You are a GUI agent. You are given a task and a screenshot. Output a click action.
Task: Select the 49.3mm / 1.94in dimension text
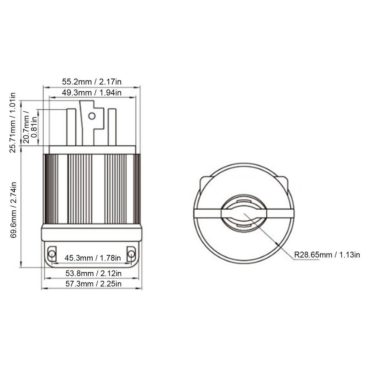[92, 92]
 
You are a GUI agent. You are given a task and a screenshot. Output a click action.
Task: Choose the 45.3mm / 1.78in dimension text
[93, 258]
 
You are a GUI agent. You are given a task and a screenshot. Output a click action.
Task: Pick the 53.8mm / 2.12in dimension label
[93, 273]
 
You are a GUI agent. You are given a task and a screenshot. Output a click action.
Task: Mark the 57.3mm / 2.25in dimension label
[93, 283]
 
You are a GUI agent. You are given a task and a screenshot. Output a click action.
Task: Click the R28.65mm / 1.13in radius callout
[327, 255]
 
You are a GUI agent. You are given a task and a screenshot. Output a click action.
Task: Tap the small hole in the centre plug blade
[92, 116]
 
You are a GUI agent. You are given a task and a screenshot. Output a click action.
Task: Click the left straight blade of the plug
[71, 127]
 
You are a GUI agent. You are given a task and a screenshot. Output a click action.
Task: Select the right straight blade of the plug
[112, 127]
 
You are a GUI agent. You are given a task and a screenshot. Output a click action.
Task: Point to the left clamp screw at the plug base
[52, 254]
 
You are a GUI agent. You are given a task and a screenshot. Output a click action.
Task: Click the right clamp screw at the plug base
[131, 254]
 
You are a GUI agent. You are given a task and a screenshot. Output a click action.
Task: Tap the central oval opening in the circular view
[244, 213]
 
